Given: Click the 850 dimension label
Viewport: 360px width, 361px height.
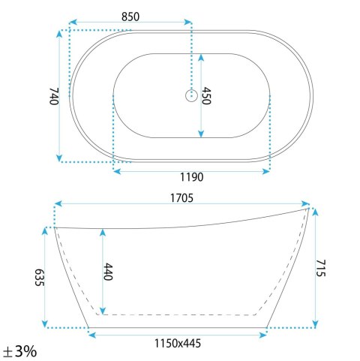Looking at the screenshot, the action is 130,17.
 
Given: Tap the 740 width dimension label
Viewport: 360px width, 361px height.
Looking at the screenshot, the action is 54,96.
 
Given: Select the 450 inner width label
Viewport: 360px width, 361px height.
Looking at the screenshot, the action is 206,95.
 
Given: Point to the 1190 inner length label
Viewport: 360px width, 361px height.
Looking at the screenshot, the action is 192,177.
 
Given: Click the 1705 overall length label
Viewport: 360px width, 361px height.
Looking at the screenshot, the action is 181,198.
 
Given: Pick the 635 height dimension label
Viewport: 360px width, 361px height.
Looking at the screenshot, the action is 40,278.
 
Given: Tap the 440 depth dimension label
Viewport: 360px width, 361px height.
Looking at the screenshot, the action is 108,272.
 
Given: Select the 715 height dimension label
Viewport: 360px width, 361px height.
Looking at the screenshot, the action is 321,268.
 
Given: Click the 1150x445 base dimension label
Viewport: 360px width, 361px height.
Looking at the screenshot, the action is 178,343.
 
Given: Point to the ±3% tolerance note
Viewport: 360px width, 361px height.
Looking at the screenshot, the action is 20,351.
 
